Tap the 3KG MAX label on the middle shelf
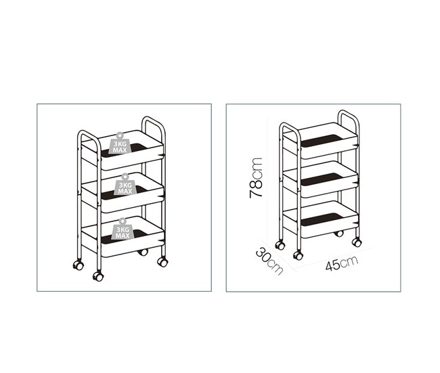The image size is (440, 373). point(125,187)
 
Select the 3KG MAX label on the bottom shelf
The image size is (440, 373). point(122,231)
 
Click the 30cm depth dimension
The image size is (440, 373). point(269,260)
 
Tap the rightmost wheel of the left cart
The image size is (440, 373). point(162,261)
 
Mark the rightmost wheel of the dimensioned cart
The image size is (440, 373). point(357,242)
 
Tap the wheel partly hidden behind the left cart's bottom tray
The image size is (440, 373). point(142,252)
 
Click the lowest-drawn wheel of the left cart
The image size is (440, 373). point(98,276)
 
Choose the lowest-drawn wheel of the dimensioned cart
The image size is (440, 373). point(298,255)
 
